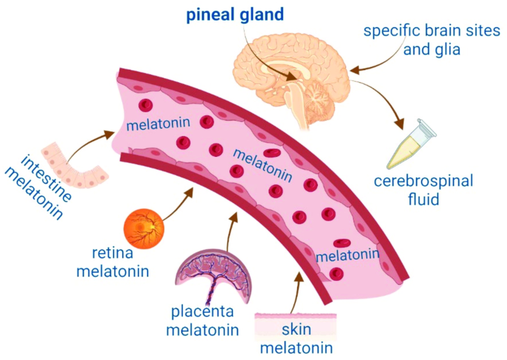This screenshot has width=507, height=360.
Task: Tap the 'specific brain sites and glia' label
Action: (431, 39)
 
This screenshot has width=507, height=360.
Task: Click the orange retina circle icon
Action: (143, 228)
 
